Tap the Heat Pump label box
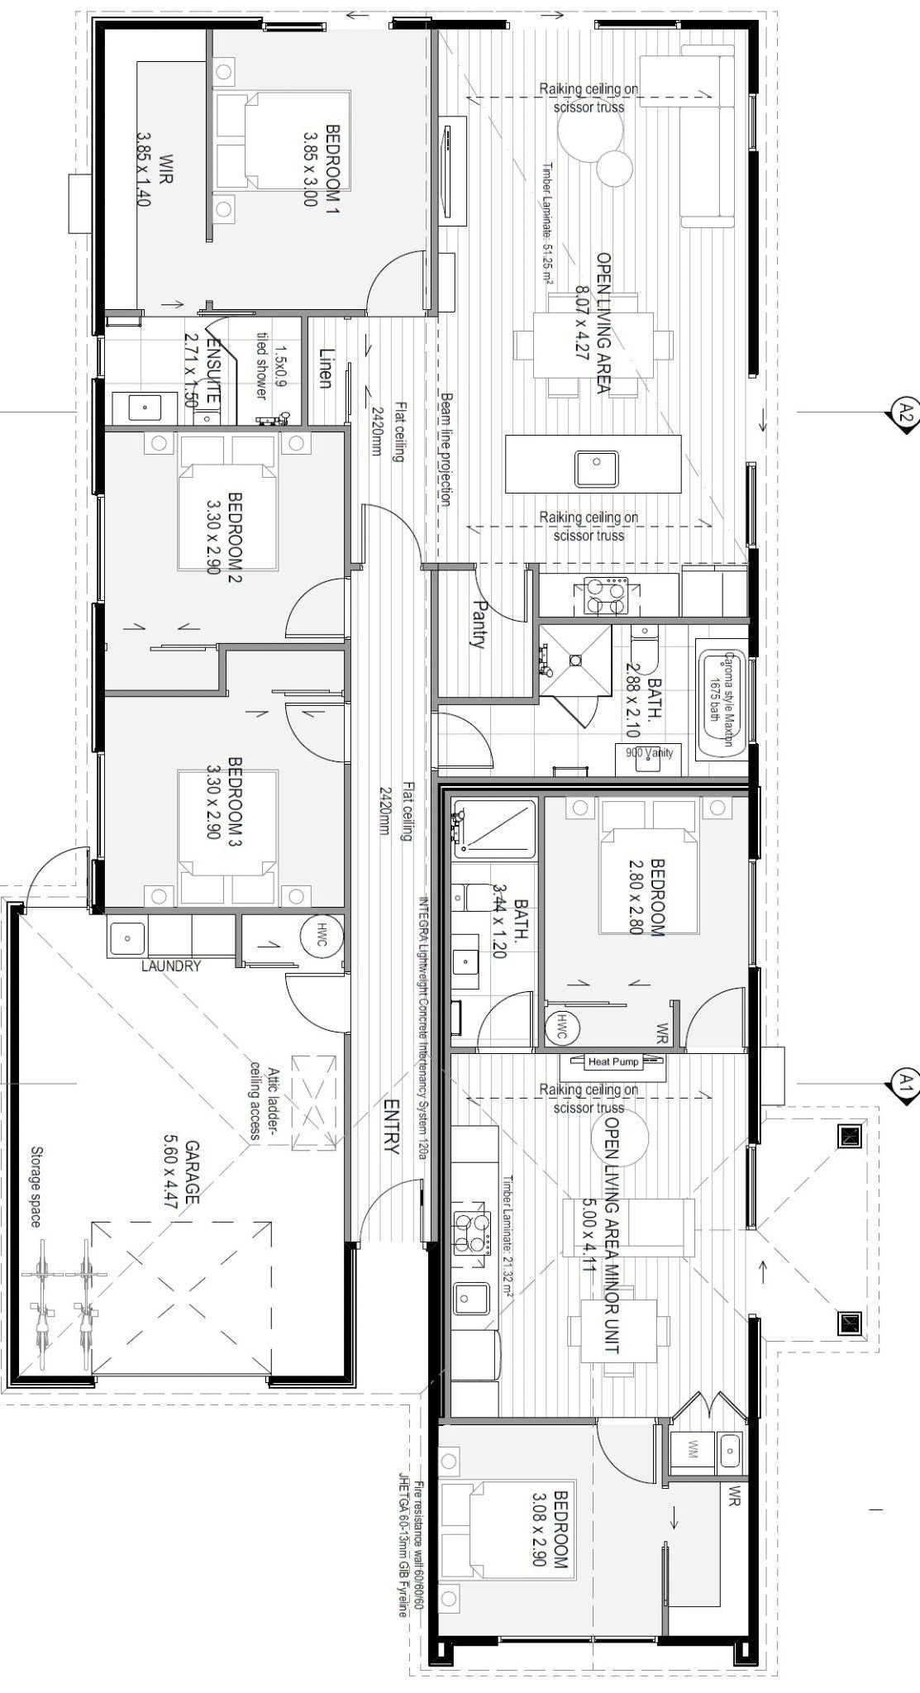[614, 1061]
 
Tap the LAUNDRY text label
[171, 965]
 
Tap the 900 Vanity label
[649, 752]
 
